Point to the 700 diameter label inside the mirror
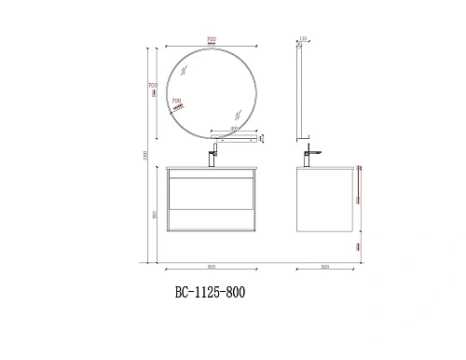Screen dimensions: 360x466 [x=177, y=101]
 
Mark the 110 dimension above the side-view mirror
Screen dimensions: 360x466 [x=304, y=39]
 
